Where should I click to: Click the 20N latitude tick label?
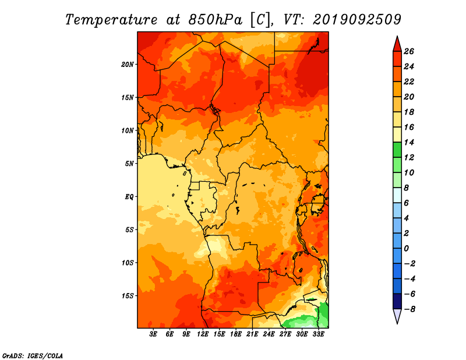click(128, 65)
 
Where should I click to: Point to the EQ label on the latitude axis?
click(129, 197)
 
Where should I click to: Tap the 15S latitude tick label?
click(128, 296)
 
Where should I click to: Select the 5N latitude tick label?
click(129, 164)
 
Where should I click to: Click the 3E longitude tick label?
click(153, 334)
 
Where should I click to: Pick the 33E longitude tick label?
click(318, 334)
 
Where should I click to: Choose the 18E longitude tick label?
click(236, 334)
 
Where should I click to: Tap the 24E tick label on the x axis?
click(269, 334)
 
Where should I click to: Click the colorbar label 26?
click(409, 51)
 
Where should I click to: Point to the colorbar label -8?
click(409, 309)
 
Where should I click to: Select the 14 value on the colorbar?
click(409, 142)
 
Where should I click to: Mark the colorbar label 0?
click(406, 249)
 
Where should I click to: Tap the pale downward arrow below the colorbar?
click(397, 315)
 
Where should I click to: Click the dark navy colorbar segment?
click(397, 301)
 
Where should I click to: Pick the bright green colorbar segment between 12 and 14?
click(397, 150)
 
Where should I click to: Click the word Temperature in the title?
click(111, 20)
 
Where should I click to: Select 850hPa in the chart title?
click(215, 20)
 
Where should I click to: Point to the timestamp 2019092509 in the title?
click(356, 20)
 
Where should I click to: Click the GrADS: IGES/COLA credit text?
click(33, 356)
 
